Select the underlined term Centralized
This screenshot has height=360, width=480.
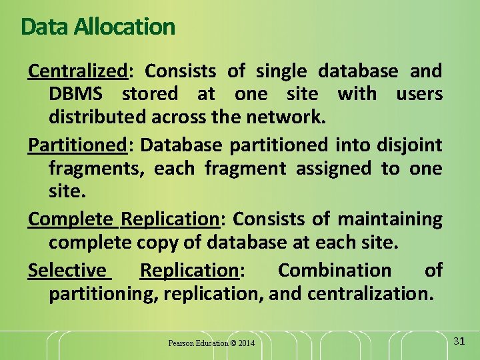click(x=77, y=71)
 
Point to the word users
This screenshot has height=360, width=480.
click(x=419, y=94)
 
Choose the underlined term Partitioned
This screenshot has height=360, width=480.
click(x=77, y=144)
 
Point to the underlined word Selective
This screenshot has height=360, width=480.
click(x=67, y=270)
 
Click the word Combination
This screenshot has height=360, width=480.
click(x=335, y=270)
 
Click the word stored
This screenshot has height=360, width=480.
click(x=150, y=94)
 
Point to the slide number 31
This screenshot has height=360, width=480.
click(x=459, y=341)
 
